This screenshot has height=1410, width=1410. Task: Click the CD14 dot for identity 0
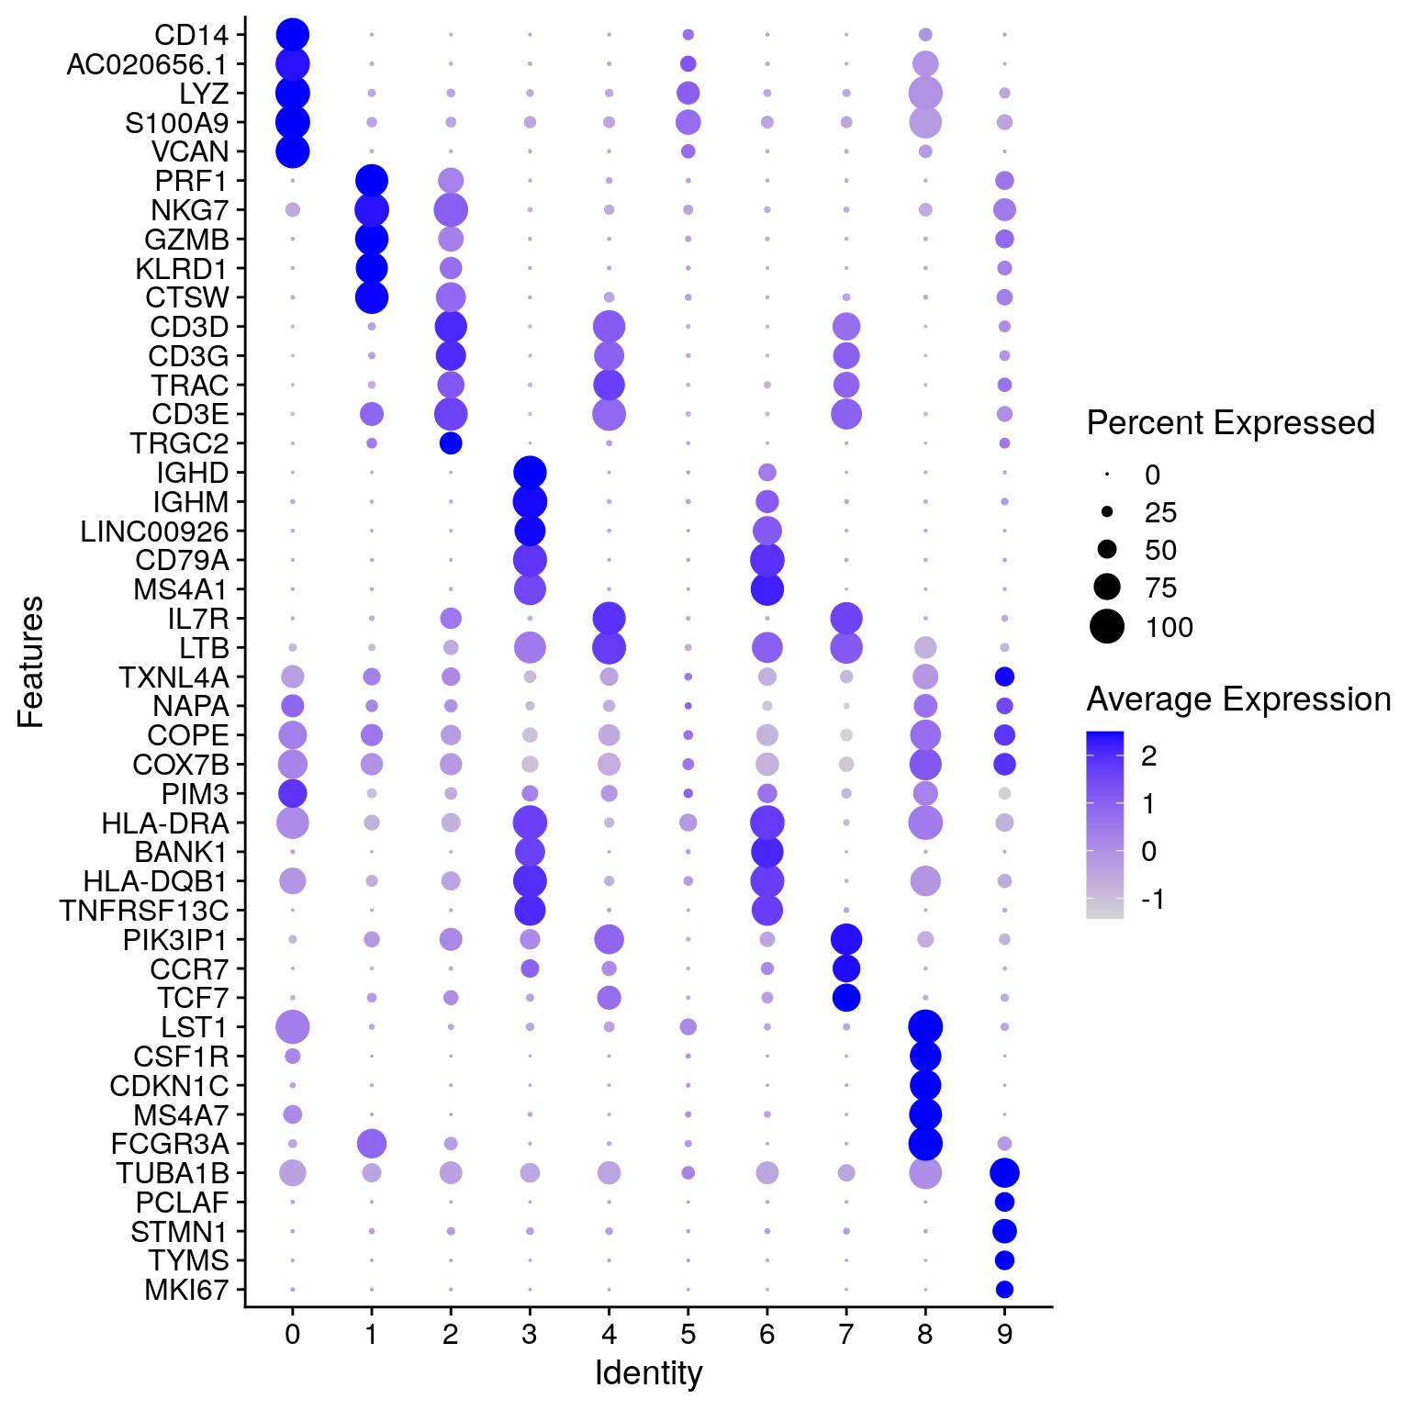(292, 35)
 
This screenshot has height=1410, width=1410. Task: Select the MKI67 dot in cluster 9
(1004, 1289)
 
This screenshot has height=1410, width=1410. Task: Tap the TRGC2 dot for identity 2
(451, 443)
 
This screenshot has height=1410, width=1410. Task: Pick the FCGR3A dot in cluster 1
(371, 1144)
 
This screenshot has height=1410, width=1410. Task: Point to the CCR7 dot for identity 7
(845, 968)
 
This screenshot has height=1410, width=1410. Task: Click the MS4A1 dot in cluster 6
(767, 588)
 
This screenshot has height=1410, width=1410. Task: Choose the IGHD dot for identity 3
(530, 473)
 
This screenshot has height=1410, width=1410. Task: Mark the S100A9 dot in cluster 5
(688, 122)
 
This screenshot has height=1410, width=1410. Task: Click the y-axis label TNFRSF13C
(144, 911)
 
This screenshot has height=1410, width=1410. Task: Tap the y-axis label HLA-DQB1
(155, 881)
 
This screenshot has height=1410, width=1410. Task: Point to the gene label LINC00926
(154, 532)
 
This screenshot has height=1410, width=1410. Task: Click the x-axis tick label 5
(688, 1334)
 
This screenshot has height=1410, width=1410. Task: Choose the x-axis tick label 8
(925, 1334)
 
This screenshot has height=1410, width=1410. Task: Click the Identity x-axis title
(648, 1373)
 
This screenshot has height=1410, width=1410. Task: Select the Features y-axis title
(31, 662)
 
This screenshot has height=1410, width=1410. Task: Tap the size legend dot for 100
(1107, 627)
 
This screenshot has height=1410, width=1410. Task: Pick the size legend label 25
(1160, 512)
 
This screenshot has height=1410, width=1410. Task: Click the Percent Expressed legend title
(1230, 423)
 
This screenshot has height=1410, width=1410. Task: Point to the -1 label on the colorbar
(1153, 899)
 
